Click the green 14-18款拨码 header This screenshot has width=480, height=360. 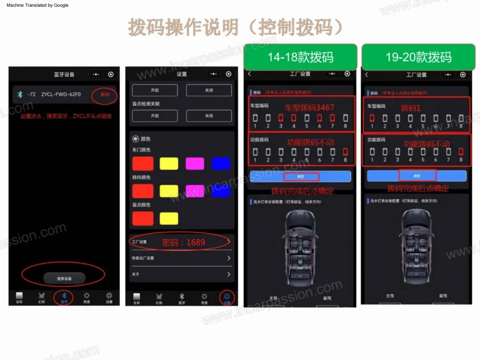(300, 57)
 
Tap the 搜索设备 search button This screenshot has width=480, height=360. (63, 278)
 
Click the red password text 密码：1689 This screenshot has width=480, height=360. (183, 242)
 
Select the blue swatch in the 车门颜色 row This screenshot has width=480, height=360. (221, 164)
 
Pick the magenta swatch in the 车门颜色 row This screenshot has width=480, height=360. (195, 164)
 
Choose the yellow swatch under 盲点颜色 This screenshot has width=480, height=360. (169, 218)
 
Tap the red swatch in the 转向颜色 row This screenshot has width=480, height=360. (142, 191)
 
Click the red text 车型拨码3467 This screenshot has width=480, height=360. (310, 107)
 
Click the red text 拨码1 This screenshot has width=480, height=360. (411, 107)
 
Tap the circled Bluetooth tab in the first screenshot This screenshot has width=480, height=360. (64, 296)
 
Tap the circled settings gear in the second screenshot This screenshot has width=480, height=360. (227, 297)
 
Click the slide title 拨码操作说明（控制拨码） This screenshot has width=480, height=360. (236, 27)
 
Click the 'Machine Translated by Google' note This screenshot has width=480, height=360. (37, 5)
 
